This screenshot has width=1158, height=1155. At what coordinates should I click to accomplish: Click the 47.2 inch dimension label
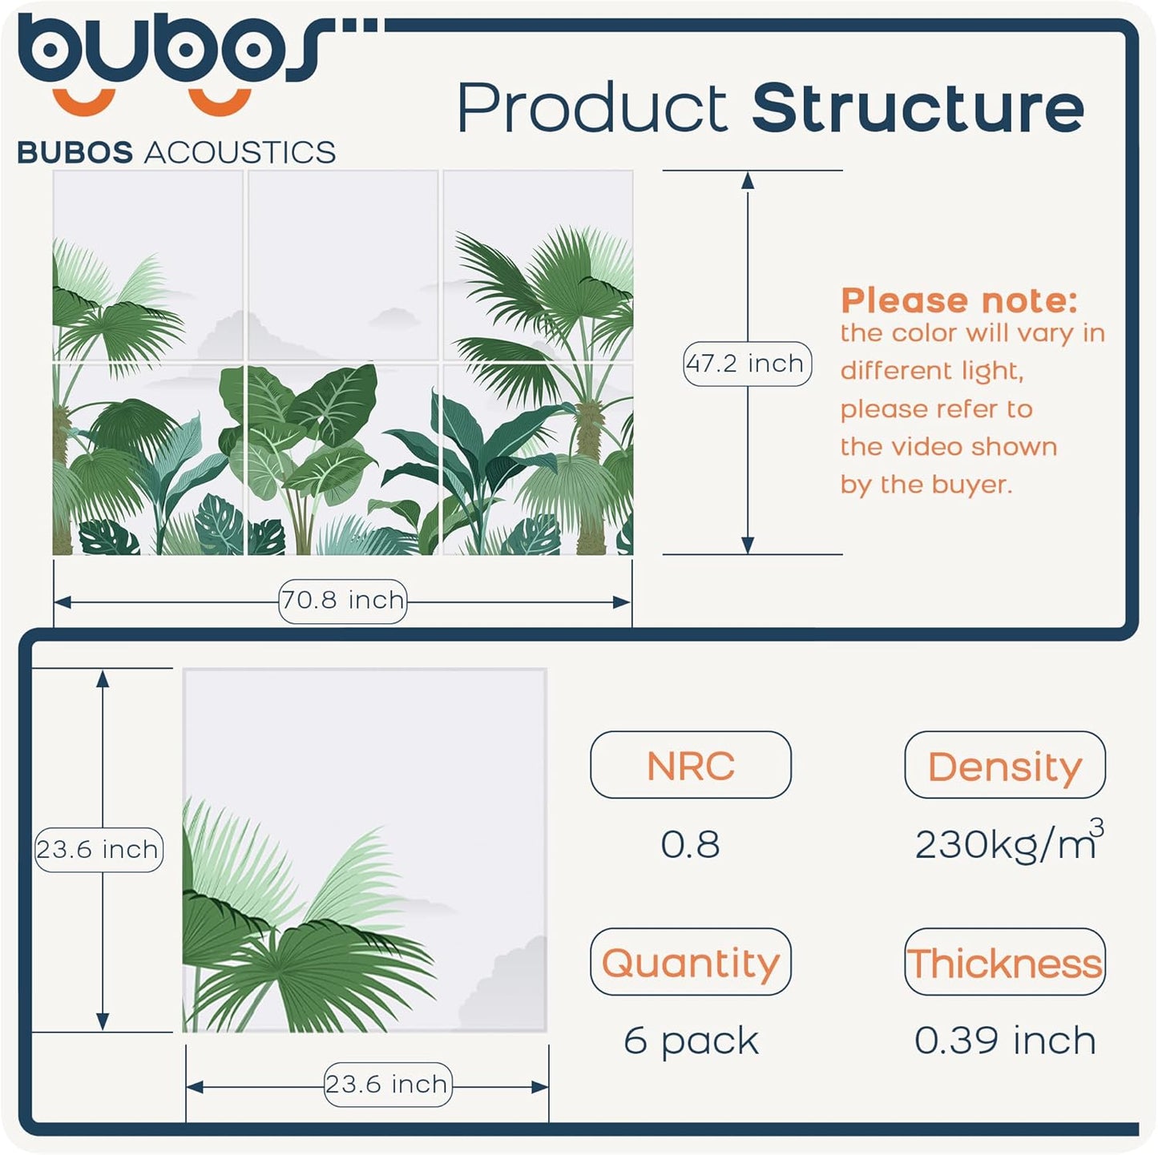747,364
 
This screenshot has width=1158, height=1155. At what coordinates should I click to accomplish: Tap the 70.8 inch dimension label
342,600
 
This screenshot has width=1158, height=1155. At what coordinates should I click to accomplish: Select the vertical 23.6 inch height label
98,849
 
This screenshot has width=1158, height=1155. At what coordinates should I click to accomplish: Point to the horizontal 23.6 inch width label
387,1085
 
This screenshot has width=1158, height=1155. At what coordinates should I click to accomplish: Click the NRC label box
690,766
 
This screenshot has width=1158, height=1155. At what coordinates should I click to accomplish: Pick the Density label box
1004,766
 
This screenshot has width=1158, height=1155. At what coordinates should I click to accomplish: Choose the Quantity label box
690,962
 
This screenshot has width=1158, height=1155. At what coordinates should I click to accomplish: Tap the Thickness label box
1004,962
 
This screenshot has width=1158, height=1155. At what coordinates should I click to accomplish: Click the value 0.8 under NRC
690,844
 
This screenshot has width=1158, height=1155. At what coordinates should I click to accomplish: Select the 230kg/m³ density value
1008,843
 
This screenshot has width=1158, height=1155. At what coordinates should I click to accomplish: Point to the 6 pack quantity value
690,1040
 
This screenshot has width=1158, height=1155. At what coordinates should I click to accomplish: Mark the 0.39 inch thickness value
1004,1040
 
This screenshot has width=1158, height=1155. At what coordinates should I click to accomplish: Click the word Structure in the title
918,108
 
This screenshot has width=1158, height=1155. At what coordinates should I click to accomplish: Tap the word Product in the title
592,108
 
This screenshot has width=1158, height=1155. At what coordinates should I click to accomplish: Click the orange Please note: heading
958,300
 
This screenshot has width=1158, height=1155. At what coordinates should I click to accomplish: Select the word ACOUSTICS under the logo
240,152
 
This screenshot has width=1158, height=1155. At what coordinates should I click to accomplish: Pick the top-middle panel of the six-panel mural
343,265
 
